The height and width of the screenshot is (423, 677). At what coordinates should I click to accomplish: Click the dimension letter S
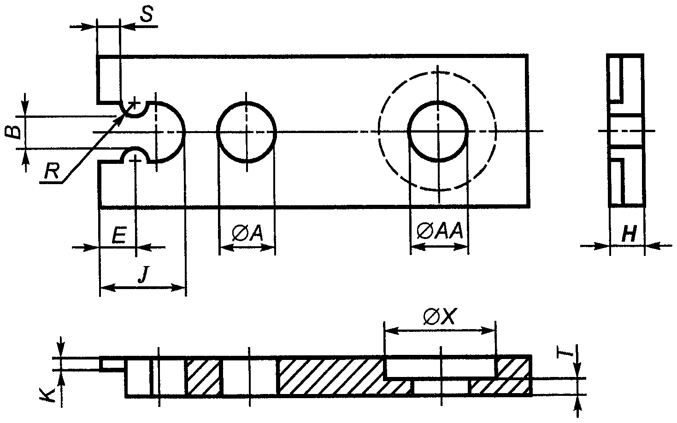[x=147, y=14]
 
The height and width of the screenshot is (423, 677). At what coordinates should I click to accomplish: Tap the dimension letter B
[x=14, y=132]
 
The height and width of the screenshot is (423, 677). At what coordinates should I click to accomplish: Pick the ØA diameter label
[x=247, y=233]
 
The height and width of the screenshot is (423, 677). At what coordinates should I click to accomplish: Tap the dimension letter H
[x=629, y=233]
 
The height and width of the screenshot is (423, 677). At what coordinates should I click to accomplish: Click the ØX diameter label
[x=439, y=317]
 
